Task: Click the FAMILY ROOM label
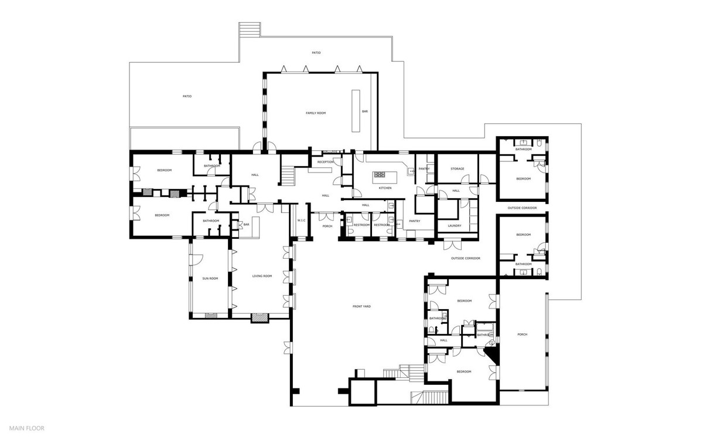coord(315,113)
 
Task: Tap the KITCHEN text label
coord(385,188)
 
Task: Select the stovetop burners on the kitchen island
coord(380,174)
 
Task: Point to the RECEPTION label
coord(325,161)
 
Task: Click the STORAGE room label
coord(457,169)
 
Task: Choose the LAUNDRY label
coord(455,225)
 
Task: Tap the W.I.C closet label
coord(302,221)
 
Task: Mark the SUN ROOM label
coord(210,278)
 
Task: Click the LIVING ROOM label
coord(262,276)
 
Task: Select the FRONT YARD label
coord(361,306)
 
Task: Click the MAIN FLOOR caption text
coord(26,428)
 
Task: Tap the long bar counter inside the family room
coord(354,111)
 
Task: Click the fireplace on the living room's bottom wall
coord(259,318)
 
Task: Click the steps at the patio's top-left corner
coord(249,29)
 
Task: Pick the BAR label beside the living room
coord(247,224)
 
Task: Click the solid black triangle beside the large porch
coord(492,354)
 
